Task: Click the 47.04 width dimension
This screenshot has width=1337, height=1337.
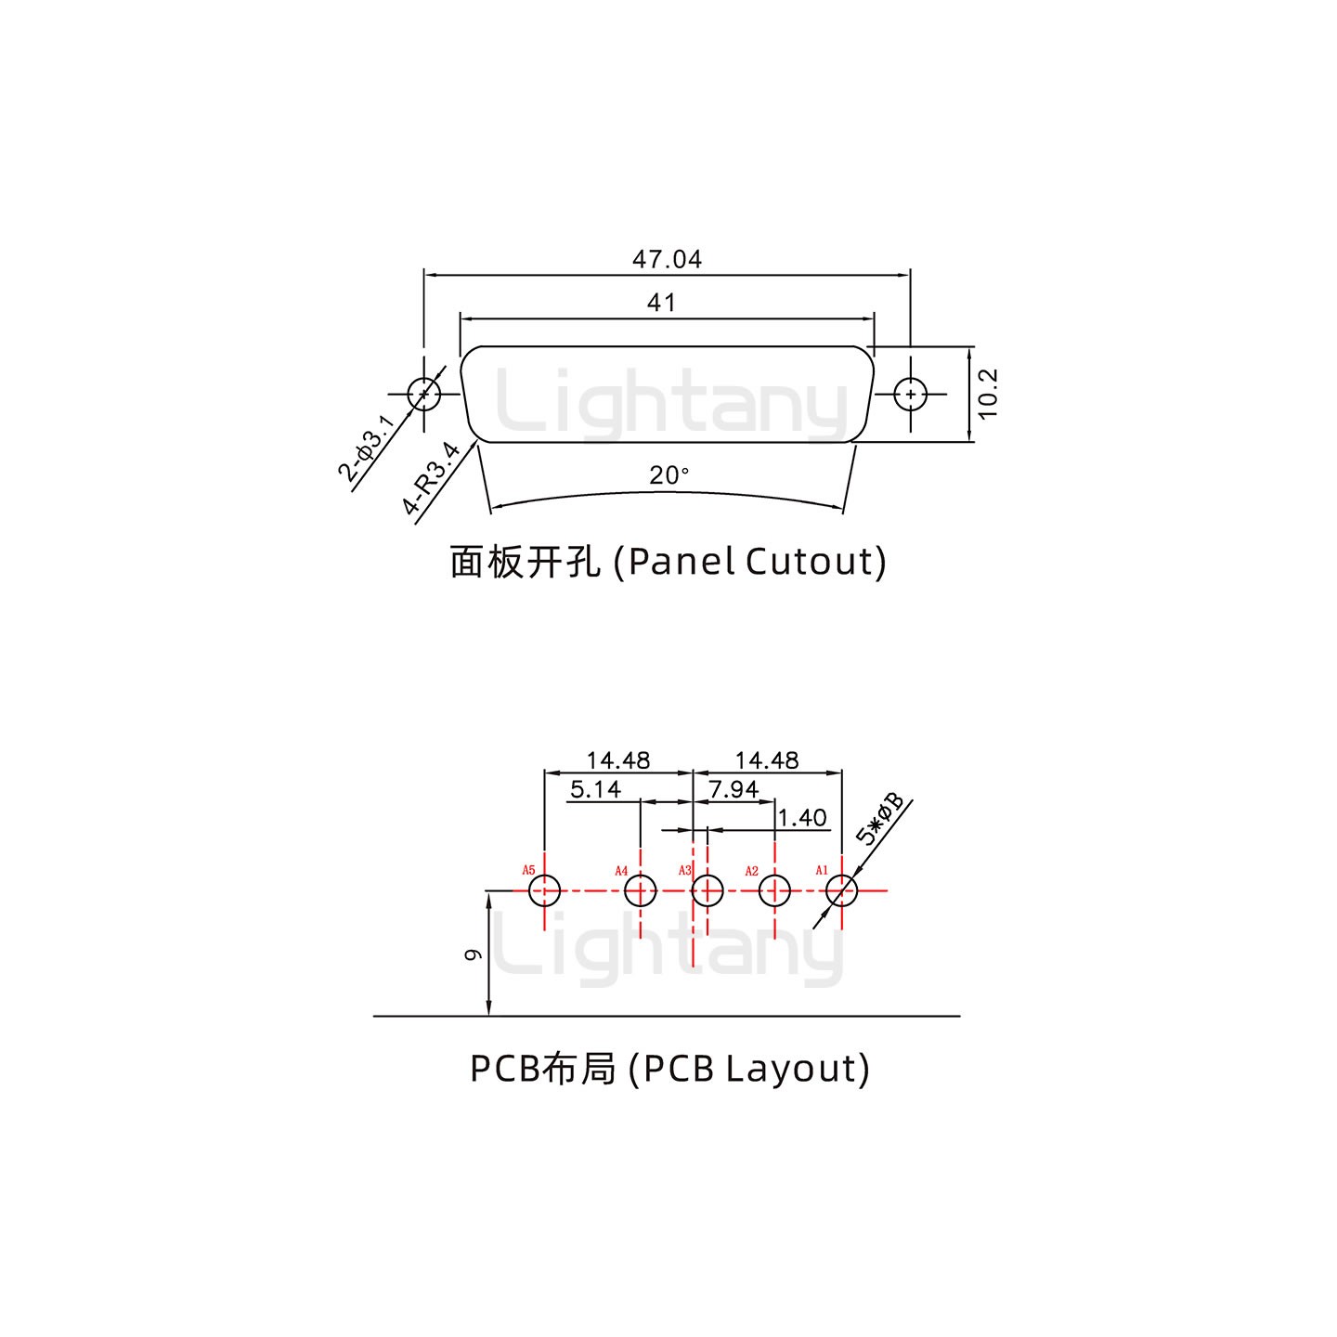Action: (667, 259)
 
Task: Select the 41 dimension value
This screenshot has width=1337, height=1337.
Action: (661, 303)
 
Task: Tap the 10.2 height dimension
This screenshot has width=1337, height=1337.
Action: (987, 394)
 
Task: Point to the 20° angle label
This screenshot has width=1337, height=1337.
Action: (668, 475)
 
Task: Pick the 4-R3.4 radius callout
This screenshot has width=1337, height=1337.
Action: (432, 478)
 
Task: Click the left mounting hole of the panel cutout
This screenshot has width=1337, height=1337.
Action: (424, 394)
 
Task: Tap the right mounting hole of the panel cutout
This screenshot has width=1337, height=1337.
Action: (911, 394)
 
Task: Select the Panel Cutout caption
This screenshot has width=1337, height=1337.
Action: (668, 562)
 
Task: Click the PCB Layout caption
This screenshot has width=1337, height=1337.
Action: (669, 1069)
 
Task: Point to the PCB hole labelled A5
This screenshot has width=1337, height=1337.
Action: (545, 891)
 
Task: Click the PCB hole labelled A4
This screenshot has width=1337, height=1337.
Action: (640, 891)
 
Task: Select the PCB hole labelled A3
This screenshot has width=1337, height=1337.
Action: (707, 891)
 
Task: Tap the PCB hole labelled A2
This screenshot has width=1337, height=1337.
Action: (774, 891)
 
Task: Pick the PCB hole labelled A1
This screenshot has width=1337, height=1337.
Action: (841, 891)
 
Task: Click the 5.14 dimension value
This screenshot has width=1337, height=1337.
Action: (595, 789)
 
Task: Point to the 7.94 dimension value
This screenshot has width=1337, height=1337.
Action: (733, 789)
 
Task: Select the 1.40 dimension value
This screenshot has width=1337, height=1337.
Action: (801, 818)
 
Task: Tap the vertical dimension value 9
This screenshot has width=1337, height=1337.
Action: (473, 954)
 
